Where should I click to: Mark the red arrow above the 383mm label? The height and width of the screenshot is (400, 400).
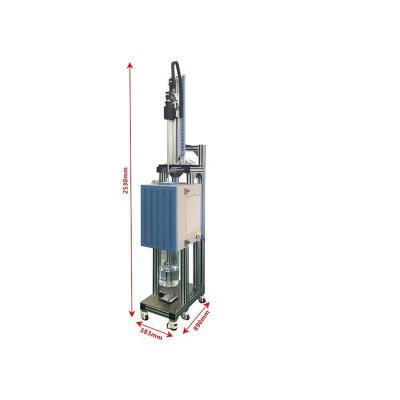pyautogui.click(x=154, y=322)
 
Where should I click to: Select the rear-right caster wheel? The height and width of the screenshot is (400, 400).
pyautogui.click(x=203, y=299)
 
